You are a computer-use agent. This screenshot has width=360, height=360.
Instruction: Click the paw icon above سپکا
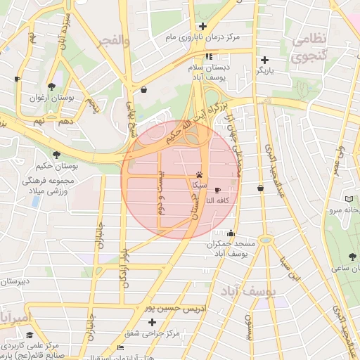[x=200, y=174]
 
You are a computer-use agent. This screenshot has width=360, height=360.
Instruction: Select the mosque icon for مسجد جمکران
[x=231, y=233]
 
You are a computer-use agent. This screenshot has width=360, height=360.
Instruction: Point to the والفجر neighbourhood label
[x=116, y=41]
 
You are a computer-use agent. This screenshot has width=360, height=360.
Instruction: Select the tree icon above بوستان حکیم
[x=56, y=155]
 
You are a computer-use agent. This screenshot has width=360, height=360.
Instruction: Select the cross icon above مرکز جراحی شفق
[x=152, y=322]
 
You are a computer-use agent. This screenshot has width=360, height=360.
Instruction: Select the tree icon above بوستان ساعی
[x=352, y=257]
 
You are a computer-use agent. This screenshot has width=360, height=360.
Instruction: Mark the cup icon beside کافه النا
[x=217, y=191]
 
